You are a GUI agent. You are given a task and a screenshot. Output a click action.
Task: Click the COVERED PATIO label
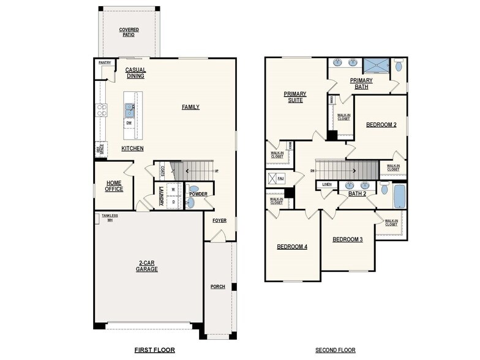point(129,32)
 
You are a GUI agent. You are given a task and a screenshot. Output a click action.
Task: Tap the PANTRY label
point(104,62)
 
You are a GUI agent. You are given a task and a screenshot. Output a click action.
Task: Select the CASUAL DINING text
point(135,73)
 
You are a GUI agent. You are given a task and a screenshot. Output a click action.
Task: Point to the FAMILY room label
point(190,107)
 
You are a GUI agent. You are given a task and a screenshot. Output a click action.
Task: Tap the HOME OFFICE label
point(114,186)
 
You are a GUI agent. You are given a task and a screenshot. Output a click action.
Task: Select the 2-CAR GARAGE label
point(147,266)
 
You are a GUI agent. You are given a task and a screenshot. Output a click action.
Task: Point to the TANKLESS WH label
point(110,217)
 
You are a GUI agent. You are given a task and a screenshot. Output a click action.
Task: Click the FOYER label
point(219,220)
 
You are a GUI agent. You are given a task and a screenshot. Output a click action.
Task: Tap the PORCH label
point(217,287)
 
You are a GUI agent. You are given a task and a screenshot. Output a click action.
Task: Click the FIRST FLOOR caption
point(154,350)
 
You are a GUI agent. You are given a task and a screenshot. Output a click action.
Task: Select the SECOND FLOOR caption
point(335,350)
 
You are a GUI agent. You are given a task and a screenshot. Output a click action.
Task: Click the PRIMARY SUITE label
point(294,97)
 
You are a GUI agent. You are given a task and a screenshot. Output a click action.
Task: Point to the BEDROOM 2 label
point(381,125)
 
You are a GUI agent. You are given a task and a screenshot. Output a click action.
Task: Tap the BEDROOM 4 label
point(292,247)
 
